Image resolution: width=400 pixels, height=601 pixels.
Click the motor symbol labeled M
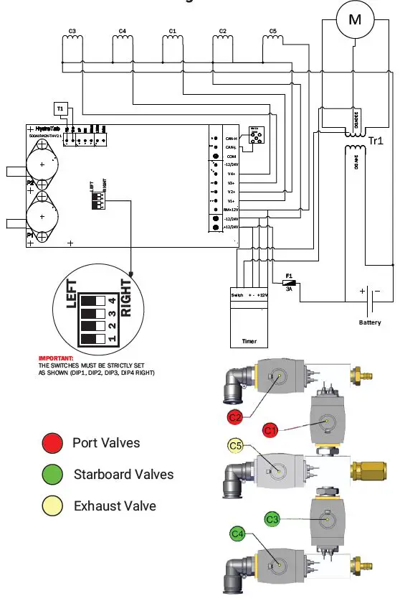[355, 21]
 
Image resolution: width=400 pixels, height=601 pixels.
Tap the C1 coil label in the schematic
[172, 32]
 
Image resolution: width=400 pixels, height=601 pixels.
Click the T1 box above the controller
[60, 108]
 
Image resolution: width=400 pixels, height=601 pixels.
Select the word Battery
[370, 322]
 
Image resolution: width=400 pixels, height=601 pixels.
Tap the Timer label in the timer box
[248, 342]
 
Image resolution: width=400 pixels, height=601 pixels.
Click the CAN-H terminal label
[232, 138]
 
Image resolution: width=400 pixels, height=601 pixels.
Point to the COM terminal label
[232, 156]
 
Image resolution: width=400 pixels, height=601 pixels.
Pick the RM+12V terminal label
[229, 210]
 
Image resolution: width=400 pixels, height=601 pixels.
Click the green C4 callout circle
[238, 534]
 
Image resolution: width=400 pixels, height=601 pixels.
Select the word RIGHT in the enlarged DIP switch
[127, 297]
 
